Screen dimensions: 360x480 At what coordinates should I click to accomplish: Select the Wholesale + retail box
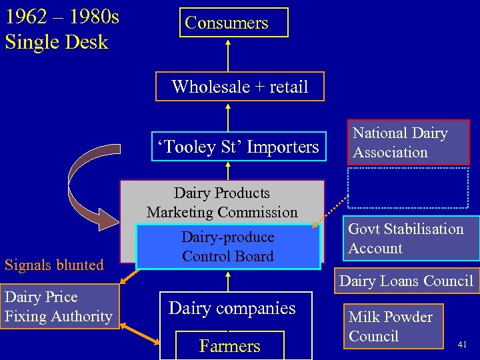(239, 87)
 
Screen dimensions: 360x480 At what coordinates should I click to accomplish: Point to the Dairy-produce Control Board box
(228, 247)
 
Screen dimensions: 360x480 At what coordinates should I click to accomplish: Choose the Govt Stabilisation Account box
(413, 238)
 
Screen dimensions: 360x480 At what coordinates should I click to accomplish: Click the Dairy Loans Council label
(406, 281)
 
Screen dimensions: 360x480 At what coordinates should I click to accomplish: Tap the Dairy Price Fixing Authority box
(59, 307)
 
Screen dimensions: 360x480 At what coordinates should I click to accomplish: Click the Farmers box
(229, 345)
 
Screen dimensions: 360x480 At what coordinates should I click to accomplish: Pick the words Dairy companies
(232, 308)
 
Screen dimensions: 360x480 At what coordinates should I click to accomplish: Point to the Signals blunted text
(54, 265)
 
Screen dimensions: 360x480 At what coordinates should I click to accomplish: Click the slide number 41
(462, 345)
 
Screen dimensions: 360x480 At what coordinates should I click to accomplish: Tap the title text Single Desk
(56, 42)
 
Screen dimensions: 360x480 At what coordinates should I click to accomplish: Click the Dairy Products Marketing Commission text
(222, 203)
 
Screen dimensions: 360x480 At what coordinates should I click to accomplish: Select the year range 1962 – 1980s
(62, 16)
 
